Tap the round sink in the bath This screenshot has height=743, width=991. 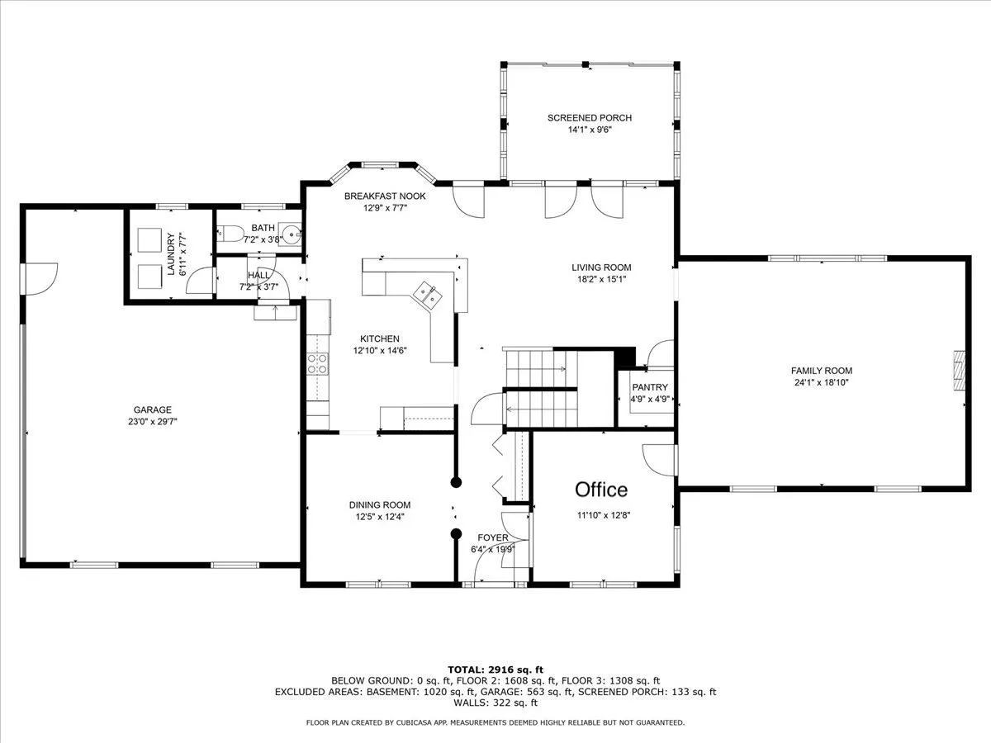[x=293, y=234]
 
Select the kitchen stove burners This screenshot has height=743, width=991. [x=317, y=363]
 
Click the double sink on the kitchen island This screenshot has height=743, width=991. [x=428, y=295]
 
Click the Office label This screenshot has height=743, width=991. [x=601, y=490]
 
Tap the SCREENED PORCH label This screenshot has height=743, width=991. [x=590, y=118]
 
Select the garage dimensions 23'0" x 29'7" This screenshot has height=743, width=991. [x=152, y=422]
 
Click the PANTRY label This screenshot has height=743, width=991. [x=650, y=387]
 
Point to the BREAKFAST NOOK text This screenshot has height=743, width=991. [x=385, y=196]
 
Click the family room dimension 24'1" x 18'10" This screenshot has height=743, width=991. [x=822, y=382]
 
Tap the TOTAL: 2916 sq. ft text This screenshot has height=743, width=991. [x=495, y=670]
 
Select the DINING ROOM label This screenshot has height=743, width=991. [x=380, y=504]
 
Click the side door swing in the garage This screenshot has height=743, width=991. [x=41, y=279]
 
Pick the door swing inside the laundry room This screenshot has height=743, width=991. [x=200, y=281]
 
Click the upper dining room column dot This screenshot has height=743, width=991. [x=456, y=482]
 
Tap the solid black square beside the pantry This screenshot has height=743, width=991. [x=626, y=357]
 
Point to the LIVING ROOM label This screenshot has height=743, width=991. [x=601, y=267]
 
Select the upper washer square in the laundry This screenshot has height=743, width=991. [x=149, y=240]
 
